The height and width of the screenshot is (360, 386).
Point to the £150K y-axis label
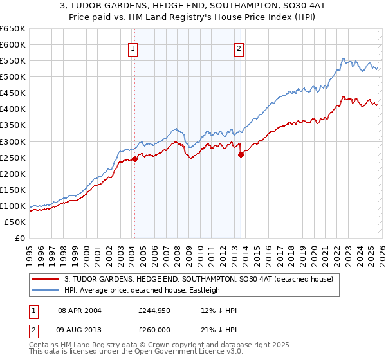[x=14, y=190]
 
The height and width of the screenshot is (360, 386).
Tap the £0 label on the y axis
[x=19, y=238]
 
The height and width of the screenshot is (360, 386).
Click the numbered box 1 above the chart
[x=133, y=48]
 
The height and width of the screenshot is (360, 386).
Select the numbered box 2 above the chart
[x=239, y=48]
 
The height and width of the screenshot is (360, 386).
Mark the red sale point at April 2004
[x=134, y=159]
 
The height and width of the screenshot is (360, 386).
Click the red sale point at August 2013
[x=241, y=154]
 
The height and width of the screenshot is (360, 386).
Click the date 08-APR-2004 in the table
[x=79, y=310]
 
